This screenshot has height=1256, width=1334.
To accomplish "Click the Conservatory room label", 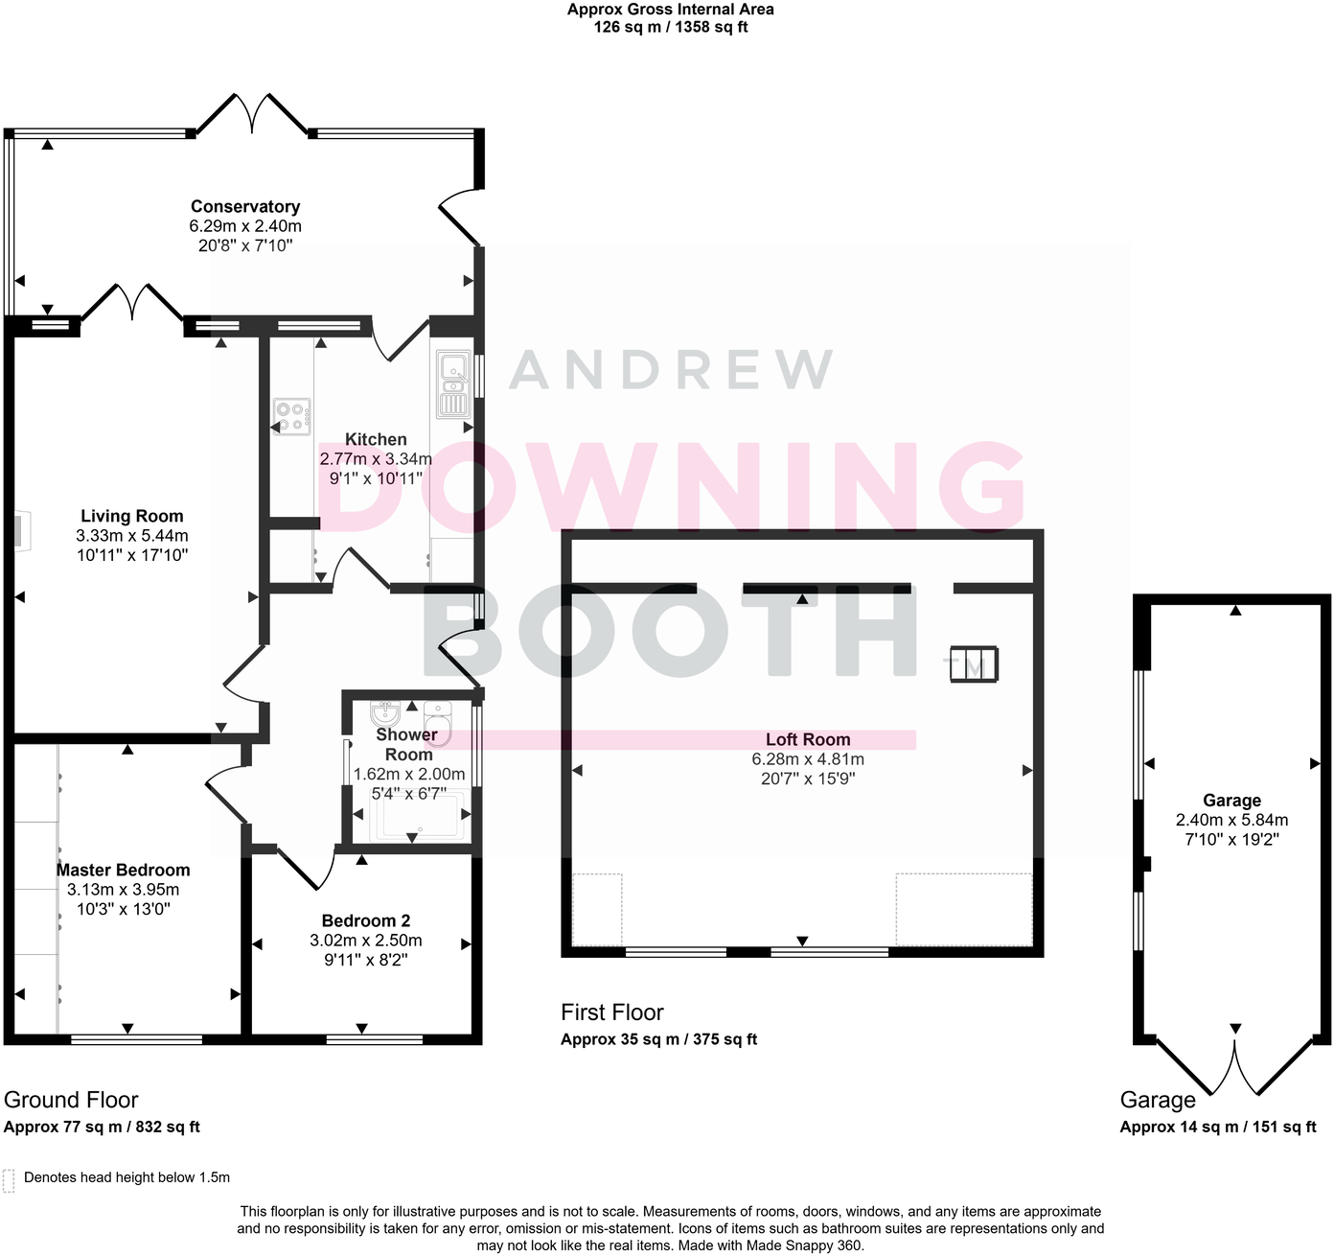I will (245, 206).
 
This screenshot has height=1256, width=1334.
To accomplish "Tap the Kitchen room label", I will (376, 439).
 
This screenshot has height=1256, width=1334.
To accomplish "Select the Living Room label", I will (132, 516).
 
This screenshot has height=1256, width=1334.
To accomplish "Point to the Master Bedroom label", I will (124, 870).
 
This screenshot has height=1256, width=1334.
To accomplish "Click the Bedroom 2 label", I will (366, 920).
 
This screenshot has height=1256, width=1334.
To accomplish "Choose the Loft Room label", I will (808, 739).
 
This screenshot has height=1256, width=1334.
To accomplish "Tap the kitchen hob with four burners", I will (291, 417).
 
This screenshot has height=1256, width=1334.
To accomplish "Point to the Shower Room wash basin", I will (385, 713).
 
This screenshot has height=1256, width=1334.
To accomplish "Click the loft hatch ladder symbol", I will (974, 663).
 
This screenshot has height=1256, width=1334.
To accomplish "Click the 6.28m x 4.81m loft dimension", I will (808, 759).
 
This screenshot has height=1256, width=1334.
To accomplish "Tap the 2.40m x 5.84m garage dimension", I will (1232, 820).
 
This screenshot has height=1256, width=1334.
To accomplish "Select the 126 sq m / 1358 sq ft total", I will (671, 28).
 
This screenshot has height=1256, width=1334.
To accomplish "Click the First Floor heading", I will (612, 1012).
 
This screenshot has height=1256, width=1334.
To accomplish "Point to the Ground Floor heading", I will (71, 1100).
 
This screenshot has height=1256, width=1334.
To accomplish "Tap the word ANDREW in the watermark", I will (671, 370).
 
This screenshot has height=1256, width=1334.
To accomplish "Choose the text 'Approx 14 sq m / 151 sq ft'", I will (1217, 1127).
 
